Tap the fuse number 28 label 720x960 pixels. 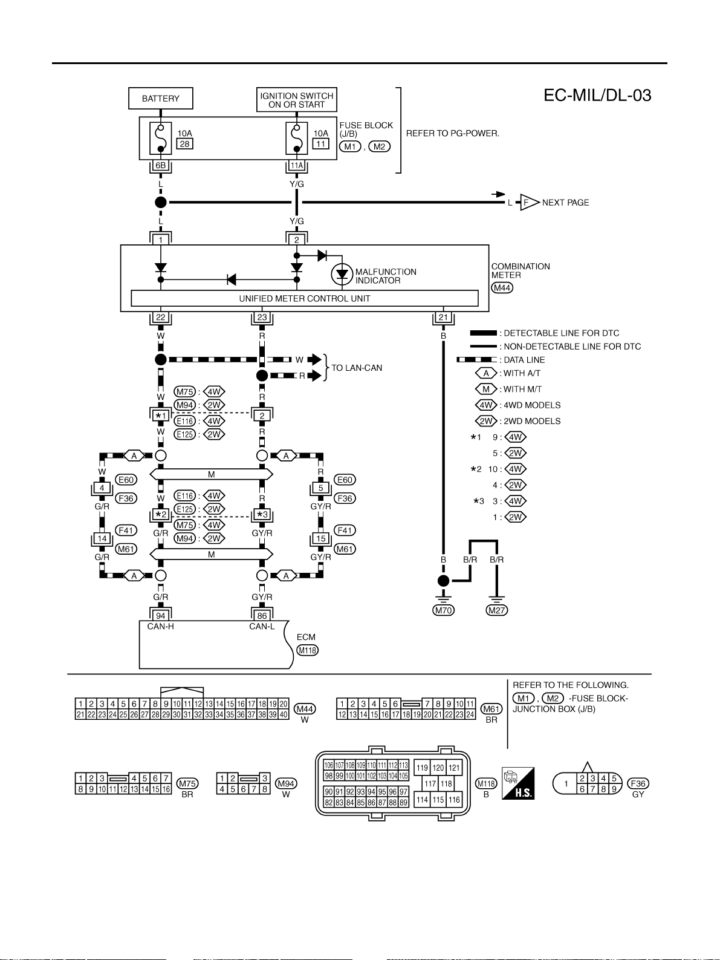tap(185, 144)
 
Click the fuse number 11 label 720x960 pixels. tap(320, 144)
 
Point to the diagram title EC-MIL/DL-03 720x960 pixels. tap(597, 96)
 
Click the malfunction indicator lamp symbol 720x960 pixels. tap(342, 274)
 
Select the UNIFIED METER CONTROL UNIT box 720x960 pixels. tap(305, 298)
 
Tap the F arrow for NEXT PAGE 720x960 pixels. tap(529, 203)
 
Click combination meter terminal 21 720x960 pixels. tap(444, 318)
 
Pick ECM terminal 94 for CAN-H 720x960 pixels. tap(160, 616)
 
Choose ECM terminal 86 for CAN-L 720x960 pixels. tap(262, 616)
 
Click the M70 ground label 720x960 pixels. tap(444, 610)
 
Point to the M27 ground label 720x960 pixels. tap(497, 610)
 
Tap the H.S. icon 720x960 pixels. tap(518, 783)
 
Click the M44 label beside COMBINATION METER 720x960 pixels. tap(502, 288)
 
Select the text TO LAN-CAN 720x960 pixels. tap(357, 368)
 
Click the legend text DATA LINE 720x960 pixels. tap(524, 360)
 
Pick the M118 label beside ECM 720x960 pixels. tap(307, 650)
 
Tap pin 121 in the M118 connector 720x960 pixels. tap(455, 768)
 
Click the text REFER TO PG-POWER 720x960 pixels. tap(453, 134)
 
